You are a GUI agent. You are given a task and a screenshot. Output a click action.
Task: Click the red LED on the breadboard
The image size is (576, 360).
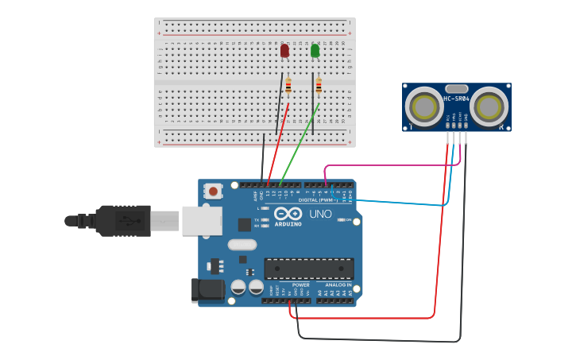coord(284,51)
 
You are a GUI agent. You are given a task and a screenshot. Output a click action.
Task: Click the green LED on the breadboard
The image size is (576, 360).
coord(315,51)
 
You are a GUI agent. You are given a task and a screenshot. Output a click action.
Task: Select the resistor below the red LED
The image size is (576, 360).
coord(288,85)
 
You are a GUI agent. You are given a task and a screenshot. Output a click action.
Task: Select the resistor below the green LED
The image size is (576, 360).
coord(319,85)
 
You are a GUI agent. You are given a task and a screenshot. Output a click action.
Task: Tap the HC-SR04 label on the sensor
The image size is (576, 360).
coord(457,99)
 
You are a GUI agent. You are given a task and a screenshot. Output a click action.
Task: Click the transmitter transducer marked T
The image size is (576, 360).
coord(424,108)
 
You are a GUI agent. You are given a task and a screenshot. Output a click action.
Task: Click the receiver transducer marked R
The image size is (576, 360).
coord(489,108)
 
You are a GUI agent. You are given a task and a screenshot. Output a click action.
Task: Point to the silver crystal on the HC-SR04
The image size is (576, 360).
coord(457,89)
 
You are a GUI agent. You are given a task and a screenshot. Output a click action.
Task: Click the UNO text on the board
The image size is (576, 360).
coord(320,215)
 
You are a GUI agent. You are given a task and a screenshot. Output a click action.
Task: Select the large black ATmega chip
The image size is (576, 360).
coord(309,269)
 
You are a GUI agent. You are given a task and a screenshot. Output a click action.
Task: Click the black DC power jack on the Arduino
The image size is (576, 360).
coord(207,289)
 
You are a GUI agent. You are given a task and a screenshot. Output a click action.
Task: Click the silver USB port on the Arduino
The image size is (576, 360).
coord(202,221)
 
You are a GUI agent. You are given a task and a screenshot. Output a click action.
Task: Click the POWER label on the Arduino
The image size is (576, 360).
coord(300,285)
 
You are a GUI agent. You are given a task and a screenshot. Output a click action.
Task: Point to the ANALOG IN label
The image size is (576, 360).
coord(338,285)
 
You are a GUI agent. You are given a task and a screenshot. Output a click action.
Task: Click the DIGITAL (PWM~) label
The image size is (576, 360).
coord(318,200)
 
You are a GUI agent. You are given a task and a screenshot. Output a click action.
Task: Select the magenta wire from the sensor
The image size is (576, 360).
coord(381,166)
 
